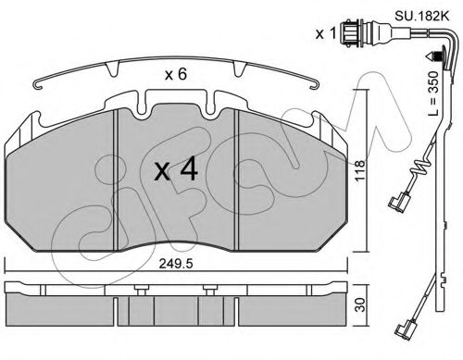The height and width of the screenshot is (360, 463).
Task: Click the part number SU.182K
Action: click(421, 16)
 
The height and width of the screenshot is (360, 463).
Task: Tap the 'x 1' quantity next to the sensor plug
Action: click(325, 33)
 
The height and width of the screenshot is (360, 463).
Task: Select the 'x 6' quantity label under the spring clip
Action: click(176, 75)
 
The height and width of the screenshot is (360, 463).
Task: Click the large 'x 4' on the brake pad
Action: click(176, 168)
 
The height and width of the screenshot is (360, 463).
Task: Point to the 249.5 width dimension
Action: click(176, 264)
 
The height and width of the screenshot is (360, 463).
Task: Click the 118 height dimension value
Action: click(359, 170)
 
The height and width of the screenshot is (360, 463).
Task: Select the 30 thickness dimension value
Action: click(360, 304)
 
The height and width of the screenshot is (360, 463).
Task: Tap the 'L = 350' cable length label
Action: click(433, 93)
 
